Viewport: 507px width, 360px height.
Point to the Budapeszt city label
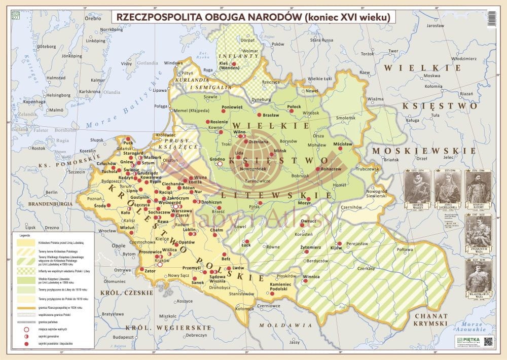tap(123, 336)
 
